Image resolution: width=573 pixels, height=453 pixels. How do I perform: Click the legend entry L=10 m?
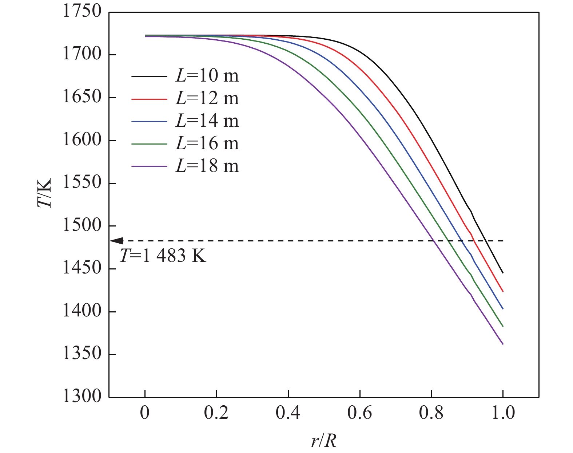tap(207, 76)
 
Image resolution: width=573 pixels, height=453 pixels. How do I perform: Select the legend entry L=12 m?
tap(207, 99)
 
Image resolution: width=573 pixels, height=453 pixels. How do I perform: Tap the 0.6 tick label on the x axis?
tap(359, 413)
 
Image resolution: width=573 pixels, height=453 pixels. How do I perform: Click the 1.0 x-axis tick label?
tap(502, 413)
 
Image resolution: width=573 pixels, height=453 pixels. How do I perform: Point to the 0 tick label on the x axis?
tap(145, 413)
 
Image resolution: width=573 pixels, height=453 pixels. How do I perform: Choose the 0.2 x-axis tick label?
tap(216, 413)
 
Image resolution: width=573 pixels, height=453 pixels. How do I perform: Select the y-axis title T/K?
tap(44, 193)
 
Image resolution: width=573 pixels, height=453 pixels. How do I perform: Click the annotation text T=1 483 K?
tap(163, 256)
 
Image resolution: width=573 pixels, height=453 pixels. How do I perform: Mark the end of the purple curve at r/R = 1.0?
tap(503, 344)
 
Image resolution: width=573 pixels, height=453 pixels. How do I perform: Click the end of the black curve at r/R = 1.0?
tap(503, 273)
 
